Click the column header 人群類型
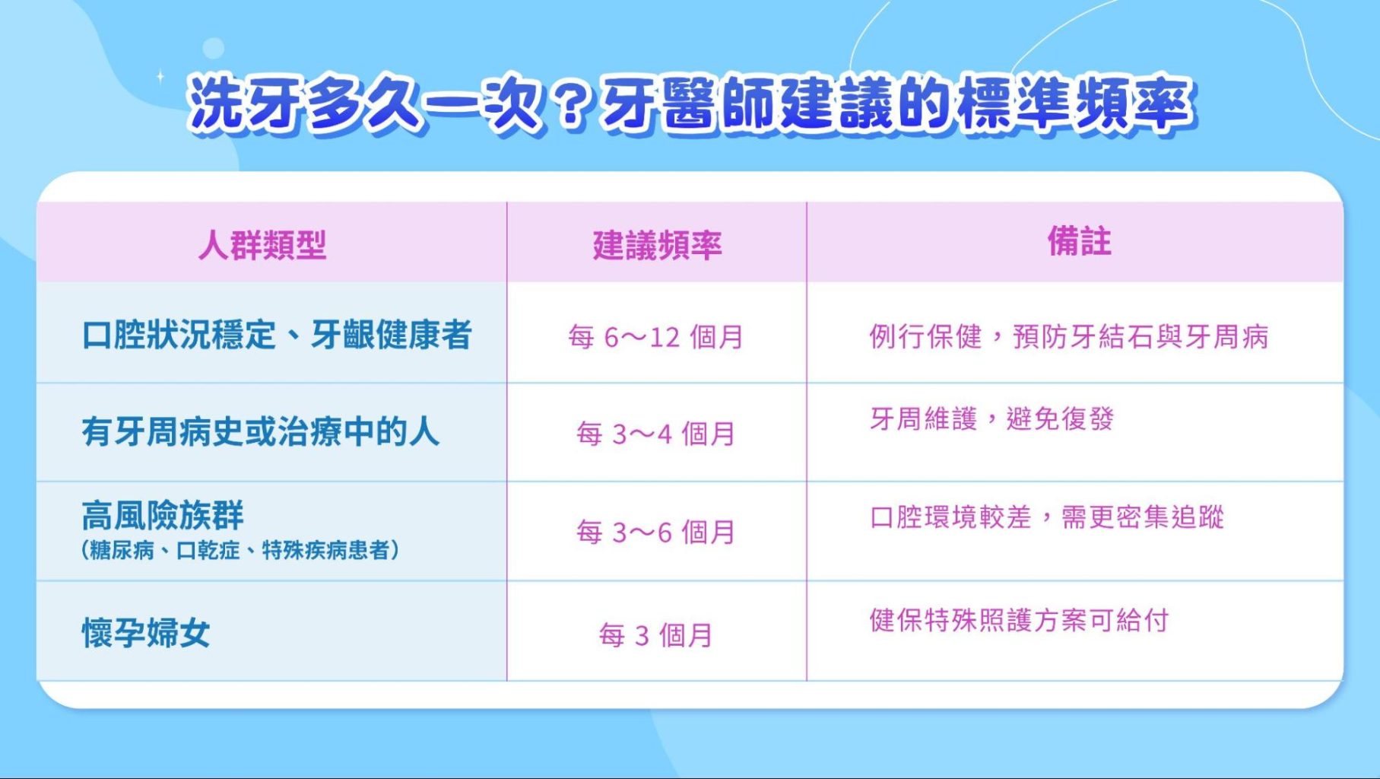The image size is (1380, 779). [x=262, y=245]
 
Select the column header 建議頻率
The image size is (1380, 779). [x=657, y=245]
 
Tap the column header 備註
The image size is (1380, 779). [x=1079, y=242]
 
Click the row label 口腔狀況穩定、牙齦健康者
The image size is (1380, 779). [x=277, y=335]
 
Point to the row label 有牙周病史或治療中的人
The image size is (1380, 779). [x=260, y=432]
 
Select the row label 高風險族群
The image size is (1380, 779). [x=163, y=515]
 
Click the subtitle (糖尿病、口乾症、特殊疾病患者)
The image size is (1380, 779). [x=240, y=550]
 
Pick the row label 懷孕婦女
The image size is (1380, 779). [x=146, y=633]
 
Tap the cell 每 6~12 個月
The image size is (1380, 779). [x=655, y=337]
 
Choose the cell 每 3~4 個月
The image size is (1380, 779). [x=655, y=434]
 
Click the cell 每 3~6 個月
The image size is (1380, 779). [x=655, y=533]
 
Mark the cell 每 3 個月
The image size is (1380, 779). [x=655, y=635]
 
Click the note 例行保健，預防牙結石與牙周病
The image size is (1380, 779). [x=1069, y=336]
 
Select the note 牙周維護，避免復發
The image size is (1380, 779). [x=991, y=418]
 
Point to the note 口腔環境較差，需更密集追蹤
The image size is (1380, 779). [x=1047, y=517]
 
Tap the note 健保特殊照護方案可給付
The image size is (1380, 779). [x=1019, y=620]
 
